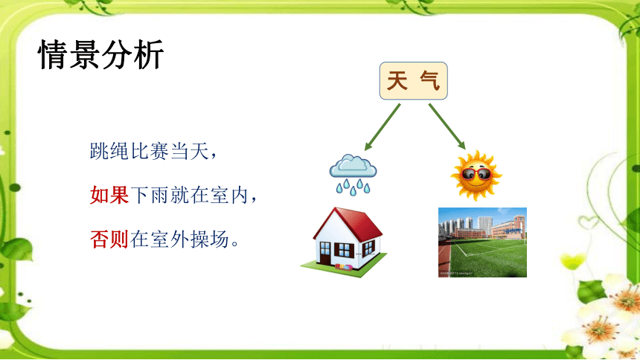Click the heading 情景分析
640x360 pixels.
pos(100,54)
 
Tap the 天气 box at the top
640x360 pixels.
pos(414,81)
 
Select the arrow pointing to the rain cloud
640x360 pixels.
pos(383,127)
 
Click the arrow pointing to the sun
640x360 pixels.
pos(447,126)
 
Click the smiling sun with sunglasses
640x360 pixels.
pos(476,176)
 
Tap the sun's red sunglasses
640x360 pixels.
pos(476,174)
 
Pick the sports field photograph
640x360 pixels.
pos(482,242)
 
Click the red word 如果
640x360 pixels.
pos(109,195)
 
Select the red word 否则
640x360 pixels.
pos(109,239)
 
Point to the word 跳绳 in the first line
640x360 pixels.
pos(109,151)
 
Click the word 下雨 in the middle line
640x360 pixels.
pos(150,195)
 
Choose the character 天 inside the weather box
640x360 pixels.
pos(397,80)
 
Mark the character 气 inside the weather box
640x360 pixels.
pos(430,80)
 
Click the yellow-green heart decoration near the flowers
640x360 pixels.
pos(573,260)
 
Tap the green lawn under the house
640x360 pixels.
pos(344,268)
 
